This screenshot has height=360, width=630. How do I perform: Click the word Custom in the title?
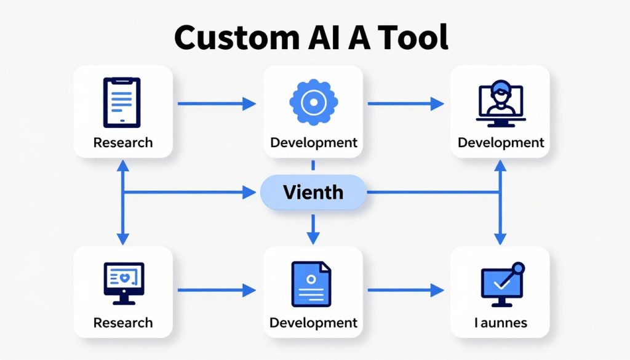point(237,38)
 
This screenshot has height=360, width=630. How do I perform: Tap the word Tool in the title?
point(413,37)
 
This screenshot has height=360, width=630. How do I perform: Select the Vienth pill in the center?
point(313,193)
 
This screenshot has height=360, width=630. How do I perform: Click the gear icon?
point(313,102)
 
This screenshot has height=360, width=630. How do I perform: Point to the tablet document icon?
point(122,102)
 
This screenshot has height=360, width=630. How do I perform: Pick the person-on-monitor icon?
point(501,103)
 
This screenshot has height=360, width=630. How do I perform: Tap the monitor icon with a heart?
point(124,283)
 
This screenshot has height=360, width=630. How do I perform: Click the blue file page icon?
point(311,284)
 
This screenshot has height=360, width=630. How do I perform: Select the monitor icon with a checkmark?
point(503,284)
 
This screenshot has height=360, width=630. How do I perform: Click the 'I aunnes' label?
point(501,322)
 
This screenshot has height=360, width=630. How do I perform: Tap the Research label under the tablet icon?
point(123,143)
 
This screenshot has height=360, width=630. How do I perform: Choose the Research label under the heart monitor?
point(123,322)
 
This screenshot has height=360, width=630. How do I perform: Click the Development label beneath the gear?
point(314,143)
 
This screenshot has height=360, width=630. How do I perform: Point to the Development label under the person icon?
point(501,143)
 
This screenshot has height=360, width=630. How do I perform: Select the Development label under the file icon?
point(313,322)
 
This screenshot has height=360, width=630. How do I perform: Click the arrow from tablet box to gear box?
point(217,103)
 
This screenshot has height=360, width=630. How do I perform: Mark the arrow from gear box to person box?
point(406,103)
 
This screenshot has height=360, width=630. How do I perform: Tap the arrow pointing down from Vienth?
point(313,230)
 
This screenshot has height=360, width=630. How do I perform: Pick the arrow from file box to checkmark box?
point(406,290)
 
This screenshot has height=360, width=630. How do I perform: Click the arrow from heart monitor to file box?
point(217,290)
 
